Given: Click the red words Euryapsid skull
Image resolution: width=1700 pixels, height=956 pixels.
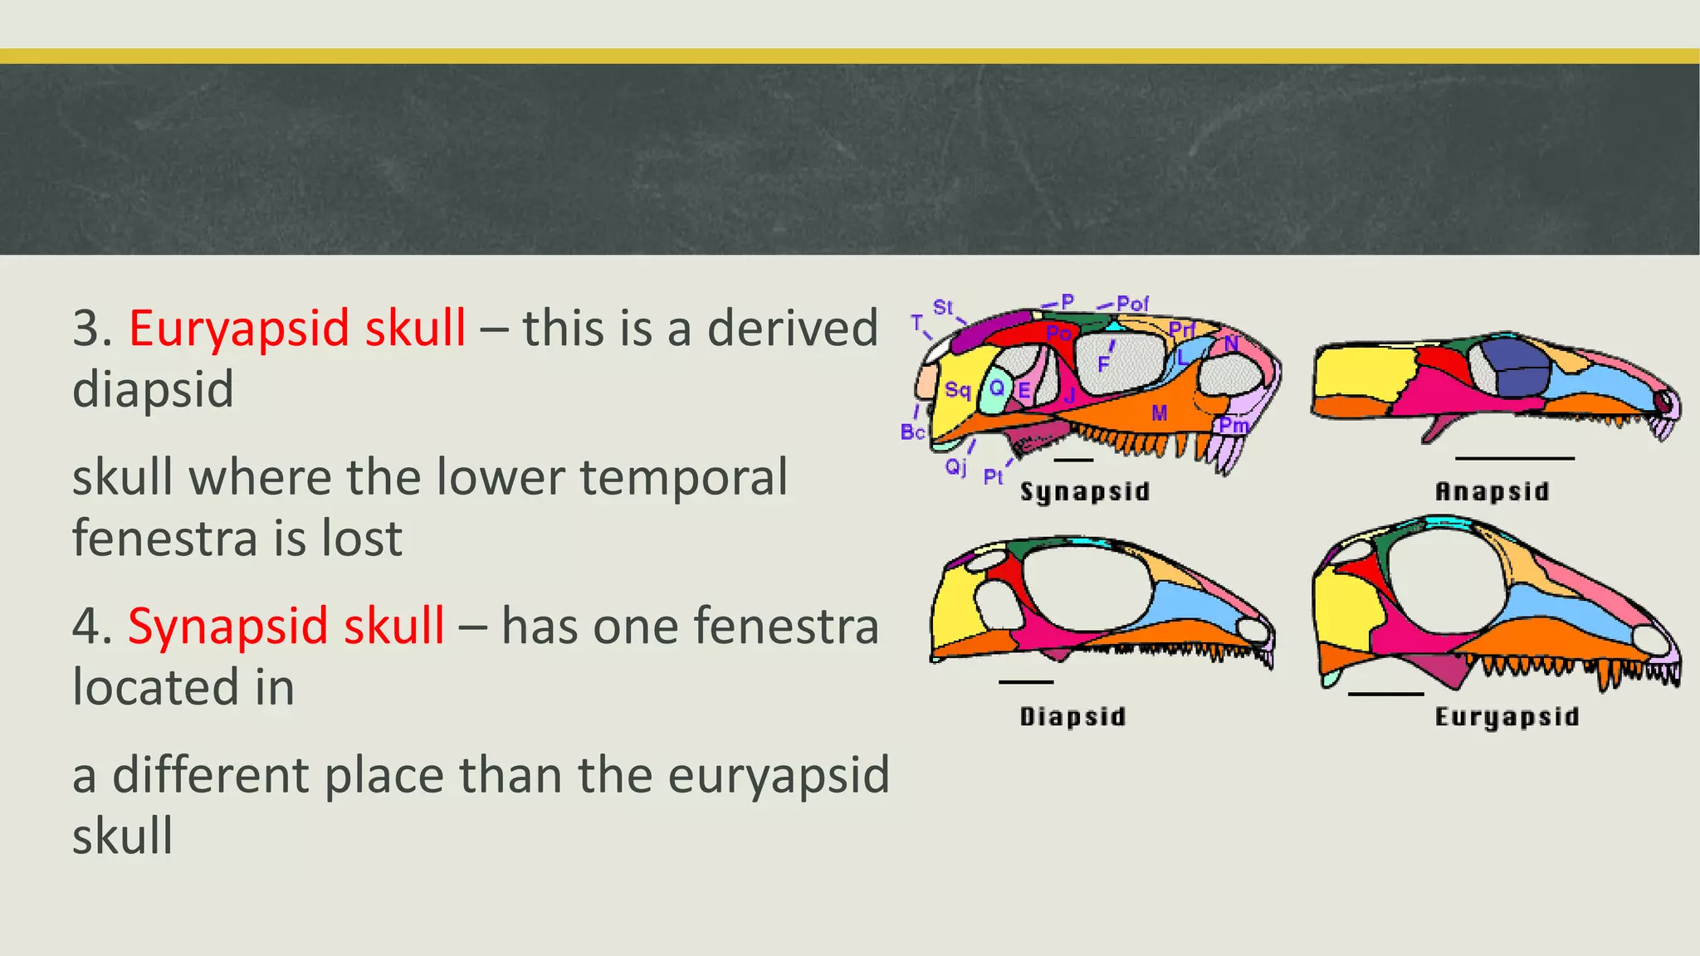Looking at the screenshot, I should (297, 328).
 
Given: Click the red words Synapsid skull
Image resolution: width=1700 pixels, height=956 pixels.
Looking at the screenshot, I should (286, 626).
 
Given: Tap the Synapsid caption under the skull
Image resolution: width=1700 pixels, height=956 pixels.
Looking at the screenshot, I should (1084, 491).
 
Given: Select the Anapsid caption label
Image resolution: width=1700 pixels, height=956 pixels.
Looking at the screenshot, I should (1492, 491).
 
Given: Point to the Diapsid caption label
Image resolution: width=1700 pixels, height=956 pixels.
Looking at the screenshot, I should (1072, 716).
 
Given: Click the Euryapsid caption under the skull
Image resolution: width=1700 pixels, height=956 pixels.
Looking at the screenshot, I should (1507, 716).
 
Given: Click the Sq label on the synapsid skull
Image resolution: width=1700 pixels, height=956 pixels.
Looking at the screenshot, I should (957, 390).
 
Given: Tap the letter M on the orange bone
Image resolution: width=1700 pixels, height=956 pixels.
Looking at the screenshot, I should (1160, 412).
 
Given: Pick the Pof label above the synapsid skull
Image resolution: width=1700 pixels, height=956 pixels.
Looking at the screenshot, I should (1132, 304).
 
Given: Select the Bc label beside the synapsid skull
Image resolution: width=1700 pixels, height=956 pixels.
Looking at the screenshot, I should (912, 432).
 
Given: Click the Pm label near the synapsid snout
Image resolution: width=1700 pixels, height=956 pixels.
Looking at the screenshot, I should (1233, 426).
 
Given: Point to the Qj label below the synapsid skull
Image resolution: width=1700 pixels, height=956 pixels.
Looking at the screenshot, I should (956, 467).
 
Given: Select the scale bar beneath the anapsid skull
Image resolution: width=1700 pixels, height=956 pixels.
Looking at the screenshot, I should (1514, 458).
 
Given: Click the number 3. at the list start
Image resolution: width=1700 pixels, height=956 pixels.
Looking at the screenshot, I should (92, 328).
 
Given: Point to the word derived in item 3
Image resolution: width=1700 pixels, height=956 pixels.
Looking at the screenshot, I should (792, 328).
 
